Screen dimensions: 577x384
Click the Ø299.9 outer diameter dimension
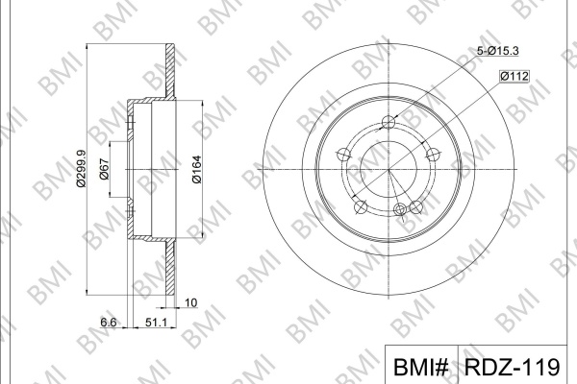pos(81,168)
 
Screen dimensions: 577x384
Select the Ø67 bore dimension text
pos(105,169)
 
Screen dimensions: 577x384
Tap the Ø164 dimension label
pos(197,169)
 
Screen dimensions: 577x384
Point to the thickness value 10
pos(191,302)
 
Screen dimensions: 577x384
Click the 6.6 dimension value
pos(109,323)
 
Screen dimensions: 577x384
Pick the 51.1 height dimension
pos(156,323)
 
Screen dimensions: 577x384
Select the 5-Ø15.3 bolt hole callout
pos(498,51)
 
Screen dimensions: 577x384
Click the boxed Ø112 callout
pos(514,76)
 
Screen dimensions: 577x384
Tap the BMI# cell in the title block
pos(421,367)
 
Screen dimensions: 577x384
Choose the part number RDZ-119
pos(512,367)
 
